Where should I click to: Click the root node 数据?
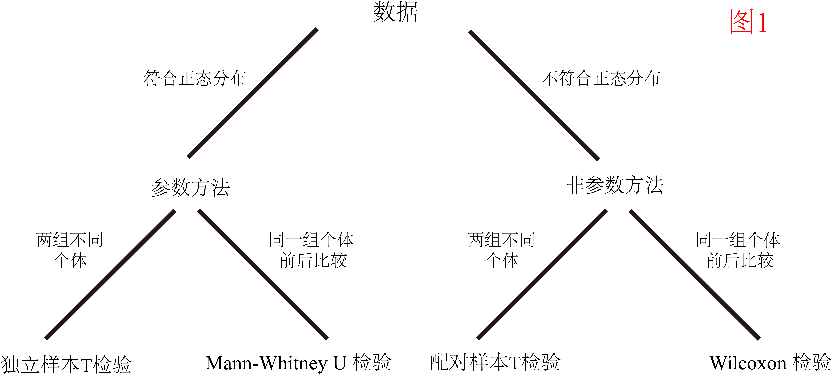pyautogui.click(x=395, y=12)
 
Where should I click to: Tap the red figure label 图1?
pyautogui.click(x=748, y=21)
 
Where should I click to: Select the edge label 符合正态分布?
pyautogui.click(x=195, y=78)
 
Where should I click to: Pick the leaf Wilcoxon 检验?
pyautogui.click(x=770, y=363)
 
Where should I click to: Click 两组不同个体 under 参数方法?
pyautogui.click(x=70, y=250)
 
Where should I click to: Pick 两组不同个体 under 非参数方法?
pyautogui.click(x=502, y=250)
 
